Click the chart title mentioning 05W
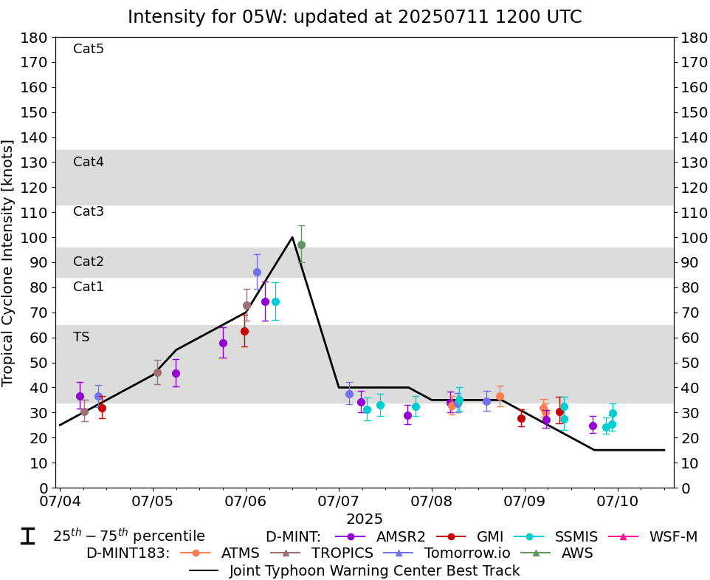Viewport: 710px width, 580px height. [x=354, y=16]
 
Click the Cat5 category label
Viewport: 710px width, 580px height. [x=89, y=50]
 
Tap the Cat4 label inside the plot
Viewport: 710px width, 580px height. [x=89, y=162]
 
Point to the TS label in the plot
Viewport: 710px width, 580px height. [x=81, y=337]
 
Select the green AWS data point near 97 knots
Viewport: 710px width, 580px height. [x=301, y=245]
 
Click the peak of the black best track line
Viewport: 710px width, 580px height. [x=292, y=237]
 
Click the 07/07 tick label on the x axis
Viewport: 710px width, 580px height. [x=338, y=502]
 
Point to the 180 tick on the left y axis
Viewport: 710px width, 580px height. [x=38, y=38]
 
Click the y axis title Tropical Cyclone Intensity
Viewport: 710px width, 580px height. [x=9, y=262]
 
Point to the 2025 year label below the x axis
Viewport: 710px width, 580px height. [x=365, y=519]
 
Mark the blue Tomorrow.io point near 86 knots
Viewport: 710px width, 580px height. [x=257, y=272]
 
